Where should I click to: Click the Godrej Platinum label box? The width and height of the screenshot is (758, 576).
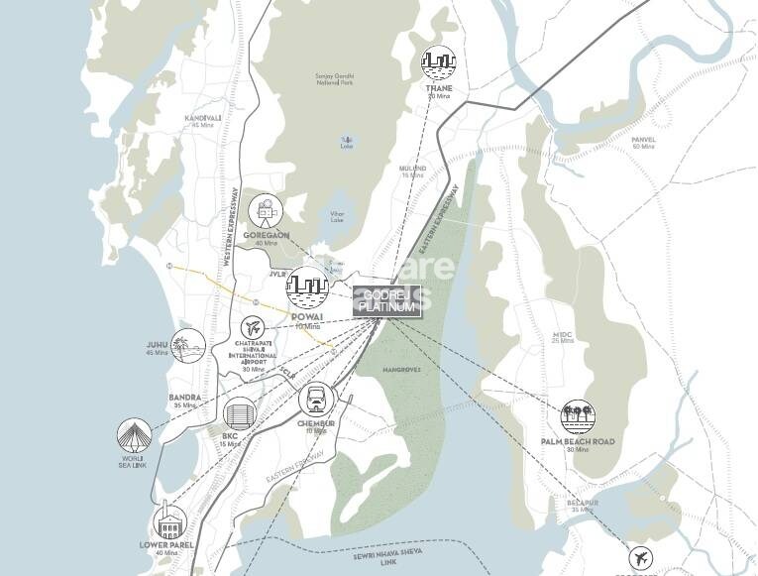tap(387, 302)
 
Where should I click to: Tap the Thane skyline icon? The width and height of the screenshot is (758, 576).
tap(439, 65)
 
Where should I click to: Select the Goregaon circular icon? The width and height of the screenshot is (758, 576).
tap(266, 209)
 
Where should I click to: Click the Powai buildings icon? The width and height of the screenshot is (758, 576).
tap(306, 288)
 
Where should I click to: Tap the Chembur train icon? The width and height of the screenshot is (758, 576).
tap(317, 401)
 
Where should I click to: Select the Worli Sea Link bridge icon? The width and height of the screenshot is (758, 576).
tap(134, 434)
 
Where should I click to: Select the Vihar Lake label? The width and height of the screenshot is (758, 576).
tap(338, 216)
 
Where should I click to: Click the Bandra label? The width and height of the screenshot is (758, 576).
tap(185, 397)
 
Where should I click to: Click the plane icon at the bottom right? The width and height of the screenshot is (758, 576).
tap(642, 558)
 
